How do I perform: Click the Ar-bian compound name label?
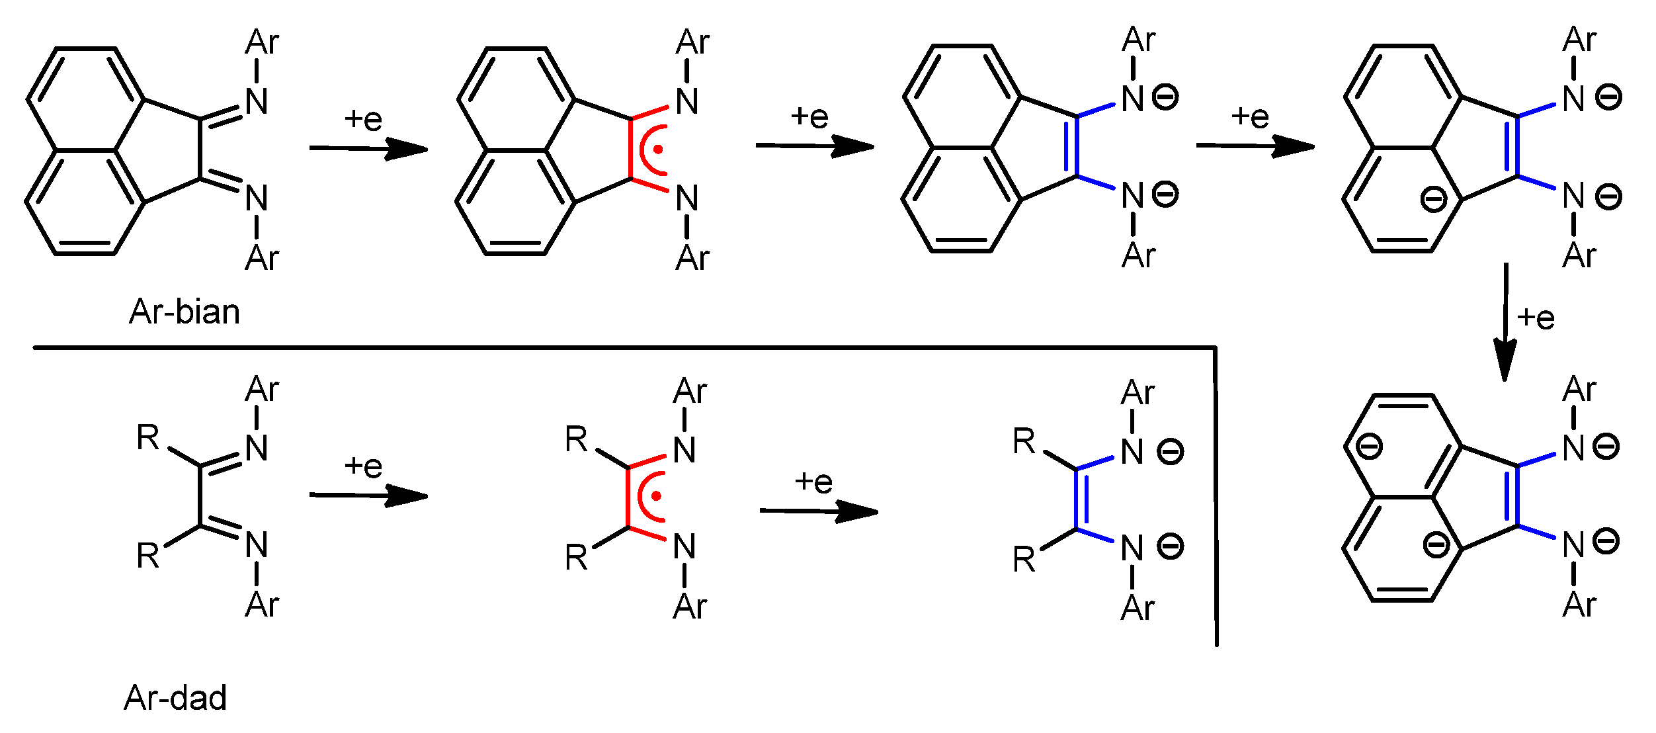click(x=185, y=312)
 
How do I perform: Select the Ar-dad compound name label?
click(x=175, y=698)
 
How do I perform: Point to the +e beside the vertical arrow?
click(x=1536, y=318)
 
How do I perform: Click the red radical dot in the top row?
click(x=657, y=150)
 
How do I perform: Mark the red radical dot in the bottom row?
click(x=656, y=496)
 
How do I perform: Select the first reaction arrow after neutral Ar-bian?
click(x=368, y=148)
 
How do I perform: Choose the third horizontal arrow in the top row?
click(x=1255, y=146)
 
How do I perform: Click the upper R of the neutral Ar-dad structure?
click(x=148, y=438)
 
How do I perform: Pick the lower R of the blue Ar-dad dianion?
click(x=1024, y=560)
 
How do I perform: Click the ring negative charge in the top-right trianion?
click(x=1434, y=199)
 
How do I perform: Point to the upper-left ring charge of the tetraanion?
click(x=1370, y=446)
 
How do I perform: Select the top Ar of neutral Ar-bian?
click(x=262, y=43)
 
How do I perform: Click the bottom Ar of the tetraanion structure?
click(x=1579, y=605)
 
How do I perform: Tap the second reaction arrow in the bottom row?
click(x=818, y=511)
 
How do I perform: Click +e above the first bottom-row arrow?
click(x=363, y=467)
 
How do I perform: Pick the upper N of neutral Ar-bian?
click(x=257, y=102)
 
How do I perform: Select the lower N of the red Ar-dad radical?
click(x=684, y=548)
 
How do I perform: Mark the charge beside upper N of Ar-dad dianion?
click(x=1170, y=453)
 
